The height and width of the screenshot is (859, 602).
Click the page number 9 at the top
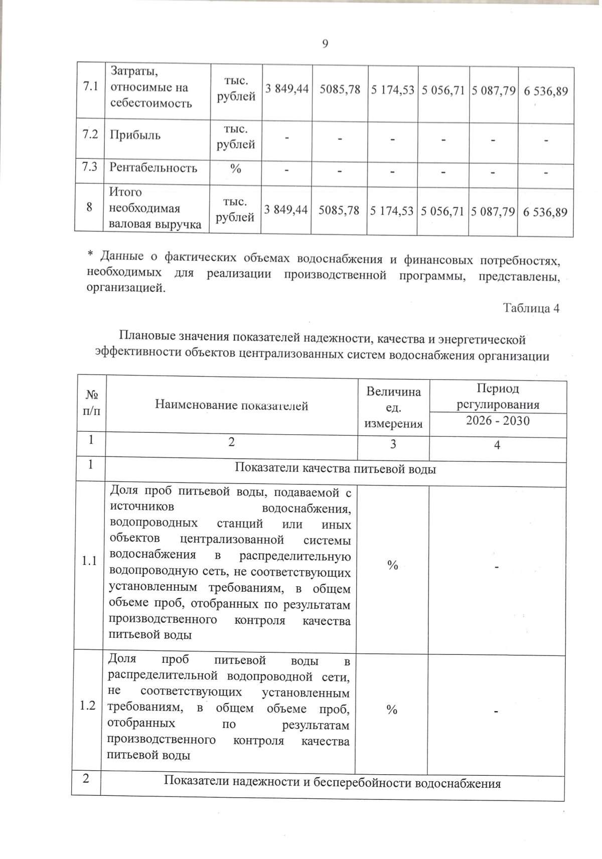325,44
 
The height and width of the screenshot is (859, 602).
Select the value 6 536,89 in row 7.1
545,91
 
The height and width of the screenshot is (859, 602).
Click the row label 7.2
89,134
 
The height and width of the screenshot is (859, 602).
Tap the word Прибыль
135,135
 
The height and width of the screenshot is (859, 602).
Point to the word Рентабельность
154,167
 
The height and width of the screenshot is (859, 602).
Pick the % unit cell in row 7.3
235,168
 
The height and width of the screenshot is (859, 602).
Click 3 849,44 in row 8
285,210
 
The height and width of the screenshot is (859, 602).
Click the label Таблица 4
531,308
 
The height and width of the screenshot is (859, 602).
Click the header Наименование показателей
231,405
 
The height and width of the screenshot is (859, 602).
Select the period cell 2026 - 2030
497,420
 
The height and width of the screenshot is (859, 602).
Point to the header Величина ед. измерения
393,408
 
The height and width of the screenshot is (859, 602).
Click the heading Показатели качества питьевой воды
335,469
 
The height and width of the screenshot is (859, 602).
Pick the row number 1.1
89,561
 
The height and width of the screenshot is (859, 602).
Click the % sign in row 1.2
392,709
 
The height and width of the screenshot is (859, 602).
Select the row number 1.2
87,706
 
